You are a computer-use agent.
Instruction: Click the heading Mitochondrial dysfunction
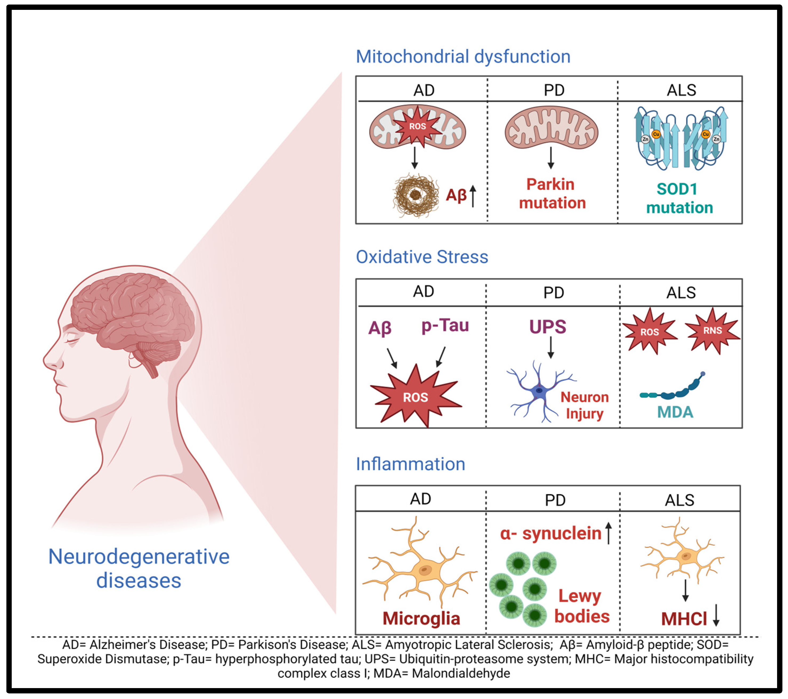(463, 57)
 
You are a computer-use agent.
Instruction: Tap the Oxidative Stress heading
(422, 257)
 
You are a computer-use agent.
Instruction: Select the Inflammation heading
(410, 464)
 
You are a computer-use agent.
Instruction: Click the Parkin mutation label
(552, 194)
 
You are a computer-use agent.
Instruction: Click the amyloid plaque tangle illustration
(416, 195)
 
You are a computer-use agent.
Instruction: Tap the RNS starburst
(712, 330)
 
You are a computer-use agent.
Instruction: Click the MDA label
(675, 412)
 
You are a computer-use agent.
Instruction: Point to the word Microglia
(421, 618)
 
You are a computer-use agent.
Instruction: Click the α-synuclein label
(550, 534)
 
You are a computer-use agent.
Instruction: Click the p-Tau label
(445, 326)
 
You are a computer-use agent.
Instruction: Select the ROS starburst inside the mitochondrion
(417, 126)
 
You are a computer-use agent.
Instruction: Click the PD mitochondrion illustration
(551, 127)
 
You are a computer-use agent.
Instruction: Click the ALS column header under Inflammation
(679, 500)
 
